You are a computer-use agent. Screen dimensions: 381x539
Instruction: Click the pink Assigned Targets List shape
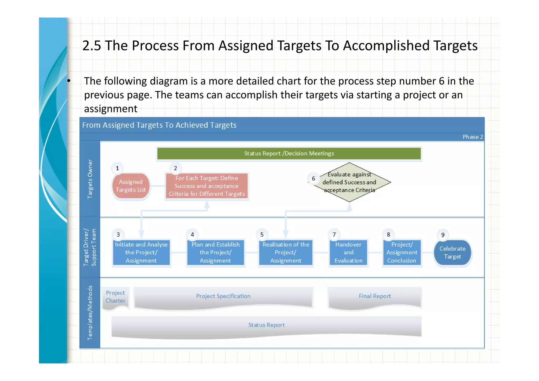pos(131,186)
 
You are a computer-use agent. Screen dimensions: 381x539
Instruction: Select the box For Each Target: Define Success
pos(207,186)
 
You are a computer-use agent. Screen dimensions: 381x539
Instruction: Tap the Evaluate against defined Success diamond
pos(349,182)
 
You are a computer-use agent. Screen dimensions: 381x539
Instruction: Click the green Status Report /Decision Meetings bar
pos(289,154)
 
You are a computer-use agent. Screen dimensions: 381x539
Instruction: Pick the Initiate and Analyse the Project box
pos(141,253)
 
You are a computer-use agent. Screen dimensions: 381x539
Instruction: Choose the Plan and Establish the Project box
pos(215,253)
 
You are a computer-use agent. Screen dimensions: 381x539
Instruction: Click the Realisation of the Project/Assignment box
pos(286,253)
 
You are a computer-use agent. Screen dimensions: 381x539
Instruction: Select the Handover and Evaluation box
pos(348,253)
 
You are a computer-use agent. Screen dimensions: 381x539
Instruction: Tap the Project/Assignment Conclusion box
pos(402,253)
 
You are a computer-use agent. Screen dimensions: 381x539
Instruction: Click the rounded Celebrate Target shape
pos(452,253)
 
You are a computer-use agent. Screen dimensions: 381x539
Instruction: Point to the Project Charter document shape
pos(115,297)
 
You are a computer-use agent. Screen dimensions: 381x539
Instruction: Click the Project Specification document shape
pos(223,296)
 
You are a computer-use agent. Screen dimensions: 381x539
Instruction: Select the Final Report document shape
pos(375,296)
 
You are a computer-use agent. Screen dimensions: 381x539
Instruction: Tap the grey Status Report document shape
pos(266,325)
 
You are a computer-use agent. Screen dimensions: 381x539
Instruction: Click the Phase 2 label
pos(472,137)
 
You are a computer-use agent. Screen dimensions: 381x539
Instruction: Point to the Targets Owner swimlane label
pos(90,179)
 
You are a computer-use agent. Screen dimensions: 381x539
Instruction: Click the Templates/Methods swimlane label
pos(90,313)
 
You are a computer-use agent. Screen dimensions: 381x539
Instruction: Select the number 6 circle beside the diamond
pos(313,179)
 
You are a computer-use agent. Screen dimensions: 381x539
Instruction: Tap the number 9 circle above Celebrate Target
pos(443,235)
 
